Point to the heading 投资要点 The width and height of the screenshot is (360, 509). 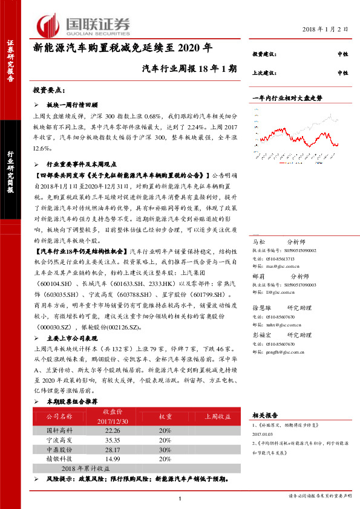coord(50,90)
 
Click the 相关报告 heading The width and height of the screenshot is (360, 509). coord(264,415)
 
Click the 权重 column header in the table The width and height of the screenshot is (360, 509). coord(166,417)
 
